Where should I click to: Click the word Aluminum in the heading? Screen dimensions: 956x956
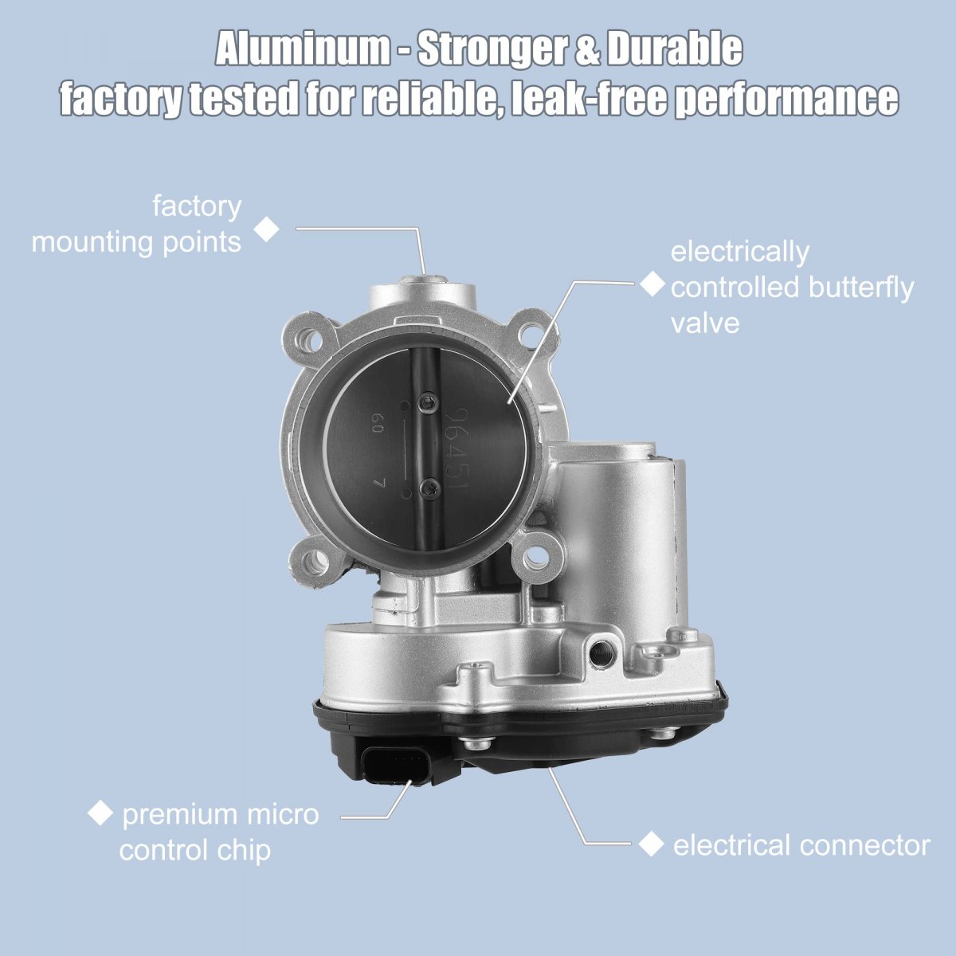pos(303,49)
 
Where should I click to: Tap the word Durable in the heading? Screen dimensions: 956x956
pos(675,49)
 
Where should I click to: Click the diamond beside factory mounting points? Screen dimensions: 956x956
pos(266,229)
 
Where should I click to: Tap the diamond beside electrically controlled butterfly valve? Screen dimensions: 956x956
pos(652,284)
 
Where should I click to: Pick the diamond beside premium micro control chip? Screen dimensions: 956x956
pos(100,814)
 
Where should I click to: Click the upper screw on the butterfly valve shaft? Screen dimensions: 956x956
pos(427,403)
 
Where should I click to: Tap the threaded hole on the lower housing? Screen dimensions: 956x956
pos(602,656)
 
